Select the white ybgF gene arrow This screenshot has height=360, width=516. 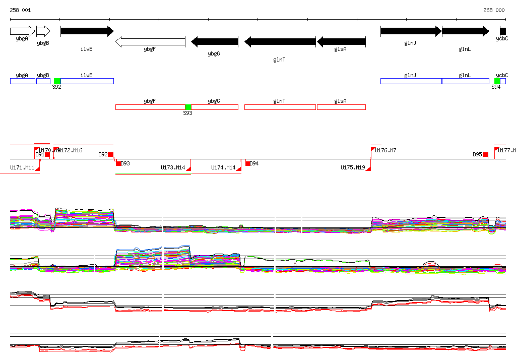point(150,42)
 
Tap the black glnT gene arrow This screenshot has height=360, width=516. point(280,42)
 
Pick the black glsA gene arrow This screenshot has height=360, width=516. point(341,42)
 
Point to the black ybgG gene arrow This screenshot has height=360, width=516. point(214,42)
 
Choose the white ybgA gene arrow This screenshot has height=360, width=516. point(22,31)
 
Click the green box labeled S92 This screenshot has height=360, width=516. point(57,81)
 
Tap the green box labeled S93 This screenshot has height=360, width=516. point(188,107)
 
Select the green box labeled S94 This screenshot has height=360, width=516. point(497,81)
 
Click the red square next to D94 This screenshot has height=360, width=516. point(248,163)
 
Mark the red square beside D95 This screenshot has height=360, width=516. point(485,154)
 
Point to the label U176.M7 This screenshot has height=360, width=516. point(385,150)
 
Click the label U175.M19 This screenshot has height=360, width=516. point(352,167)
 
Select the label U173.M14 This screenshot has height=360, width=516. point(173,167)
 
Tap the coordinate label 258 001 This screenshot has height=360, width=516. point(20,10)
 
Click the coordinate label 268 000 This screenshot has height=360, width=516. point(494,10)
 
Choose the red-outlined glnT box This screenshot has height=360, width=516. point(280,107)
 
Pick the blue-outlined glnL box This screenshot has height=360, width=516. point(465,81)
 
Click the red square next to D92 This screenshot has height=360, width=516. point(111,154)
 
